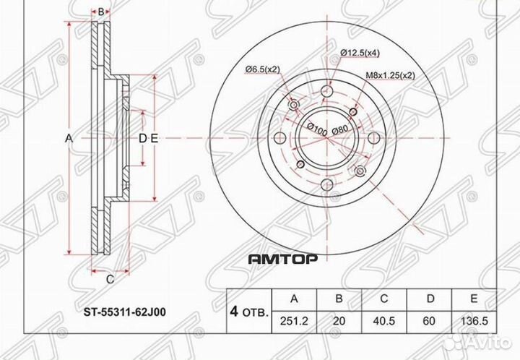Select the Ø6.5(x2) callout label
(x=263, y=68)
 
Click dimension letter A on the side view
(x=69, y=137)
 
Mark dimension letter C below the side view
(x=110, y=279)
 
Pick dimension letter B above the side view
(x=102, y=12)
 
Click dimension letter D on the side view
(x=142, y=137)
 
